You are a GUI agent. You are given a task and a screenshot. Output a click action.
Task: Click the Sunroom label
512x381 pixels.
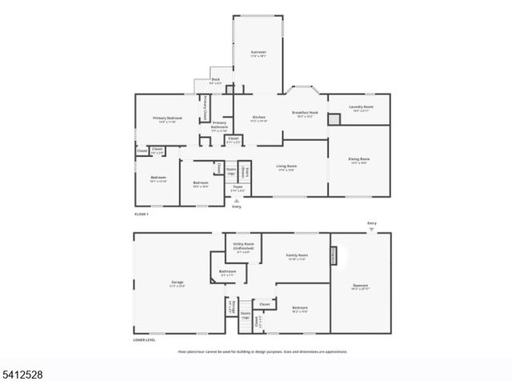click(258, 53)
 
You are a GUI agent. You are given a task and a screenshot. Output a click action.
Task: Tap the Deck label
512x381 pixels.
click(215, 79)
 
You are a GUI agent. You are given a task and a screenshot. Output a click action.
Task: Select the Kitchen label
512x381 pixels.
click(258, 117)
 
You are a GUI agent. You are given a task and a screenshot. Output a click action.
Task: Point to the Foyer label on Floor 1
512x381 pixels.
click(238, 189)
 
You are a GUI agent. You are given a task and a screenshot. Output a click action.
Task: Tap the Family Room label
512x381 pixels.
click(298, 255)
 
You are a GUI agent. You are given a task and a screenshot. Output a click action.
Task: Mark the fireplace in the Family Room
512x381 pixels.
click(334, 255)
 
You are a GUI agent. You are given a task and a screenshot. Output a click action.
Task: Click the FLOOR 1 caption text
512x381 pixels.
click(141, 214)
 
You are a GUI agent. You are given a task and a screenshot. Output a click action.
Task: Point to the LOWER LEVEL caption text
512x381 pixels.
click(145, 340)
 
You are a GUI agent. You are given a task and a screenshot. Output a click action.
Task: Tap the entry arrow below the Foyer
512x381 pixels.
click(236, 201)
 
